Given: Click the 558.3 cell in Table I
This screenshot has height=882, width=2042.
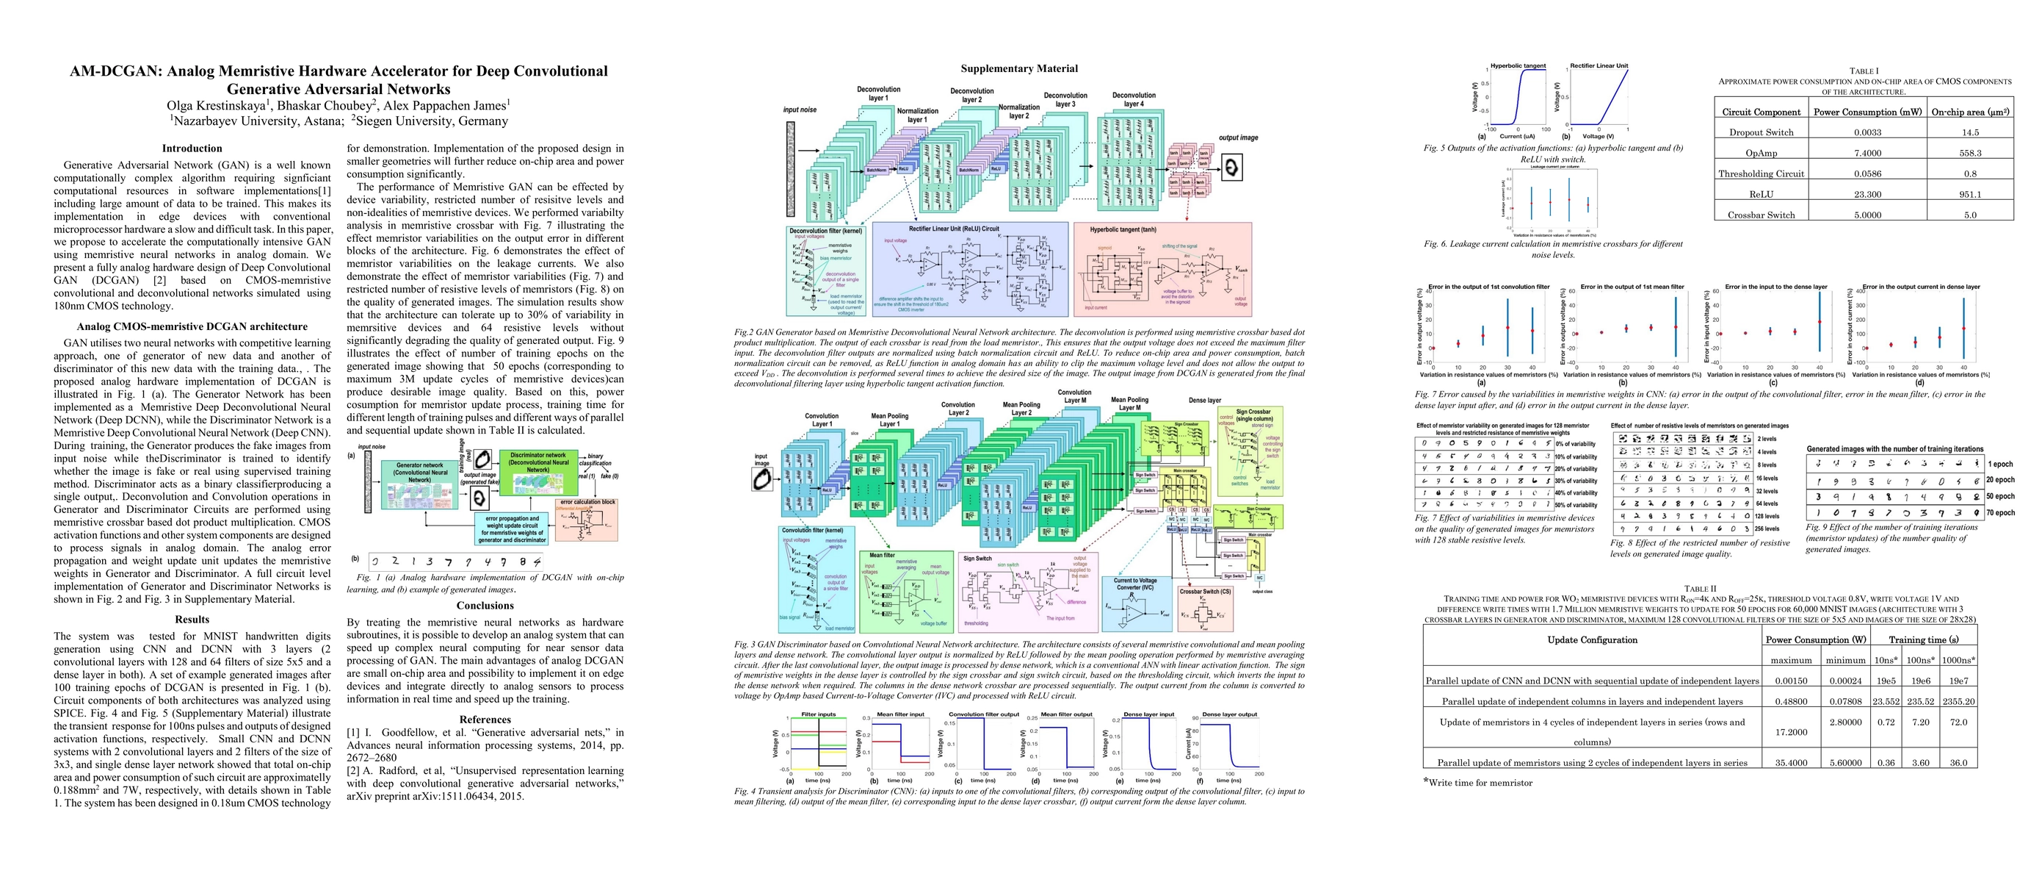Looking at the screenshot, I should pyautogui.click(x=1970, y=153).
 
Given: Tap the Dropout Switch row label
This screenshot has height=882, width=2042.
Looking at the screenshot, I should pyautogui.click(x=1761, y=132).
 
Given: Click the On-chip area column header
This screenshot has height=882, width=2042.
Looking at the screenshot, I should pyautogui.click(x=1970, y=112).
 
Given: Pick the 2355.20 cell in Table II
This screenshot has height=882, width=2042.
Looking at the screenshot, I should pyautogui.click(x=1958, y=701).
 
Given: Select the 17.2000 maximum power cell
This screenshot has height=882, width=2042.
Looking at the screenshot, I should pyautogui.click(x=1791, y=732).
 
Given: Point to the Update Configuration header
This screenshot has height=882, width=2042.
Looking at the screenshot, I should pyautogui.click(x=1592, y=640).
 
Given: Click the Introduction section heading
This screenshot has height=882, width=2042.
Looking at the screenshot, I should pyautogui.click(x=192, y=148).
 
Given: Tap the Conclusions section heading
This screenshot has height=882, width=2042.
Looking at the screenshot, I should pyautogui.click(x=485, y=605).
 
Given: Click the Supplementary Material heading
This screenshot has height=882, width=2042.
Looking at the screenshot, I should pyautogui.click(x=1018, y=69).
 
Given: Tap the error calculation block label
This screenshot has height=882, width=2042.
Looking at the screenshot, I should pyautogui.click(x=587, y=502).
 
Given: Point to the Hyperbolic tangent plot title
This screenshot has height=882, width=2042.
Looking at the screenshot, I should pyautogui.click(x=1518, y=66).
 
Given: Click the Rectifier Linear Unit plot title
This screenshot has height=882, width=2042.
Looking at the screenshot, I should pyautogui.click(x=1599, y=66).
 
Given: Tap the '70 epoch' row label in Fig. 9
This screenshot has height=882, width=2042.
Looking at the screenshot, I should pyautogui.click(x=2000, y=513).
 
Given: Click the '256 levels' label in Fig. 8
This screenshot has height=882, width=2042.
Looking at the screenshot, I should pyautogui.click(x=1767, y=528).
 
